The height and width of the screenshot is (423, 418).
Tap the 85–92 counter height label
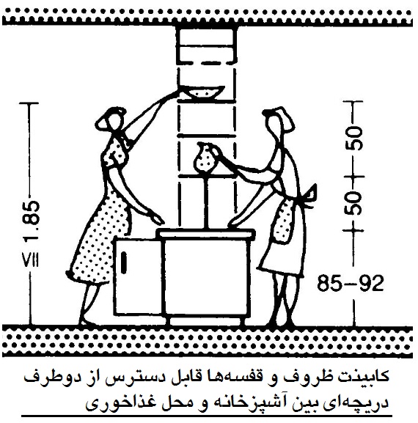click(351, 283)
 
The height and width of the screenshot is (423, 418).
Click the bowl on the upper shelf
click(204, 92)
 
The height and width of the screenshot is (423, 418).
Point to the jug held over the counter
click(206, 158)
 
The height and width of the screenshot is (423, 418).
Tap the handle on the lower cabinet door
click(124, 262)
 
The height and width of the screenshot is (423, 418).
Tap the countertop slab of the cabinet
click(206, 233)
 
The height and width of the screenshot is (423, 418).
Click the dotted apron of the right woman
click(282, 221)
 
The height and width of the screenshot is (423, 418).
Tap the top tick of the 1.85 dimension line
click(29, 103)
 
